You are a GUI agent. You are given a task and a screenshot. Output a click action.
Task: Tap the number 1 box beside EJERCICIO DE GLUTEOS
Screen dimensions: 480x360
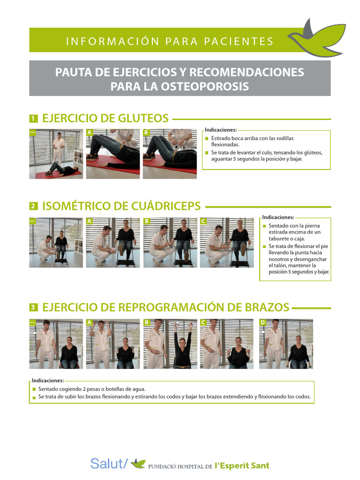[x=33, y=119]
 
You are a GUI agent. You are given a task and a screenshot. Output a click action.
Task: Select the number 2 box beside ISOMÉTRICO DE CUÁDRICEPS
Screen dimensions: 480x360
[x=33, y=206]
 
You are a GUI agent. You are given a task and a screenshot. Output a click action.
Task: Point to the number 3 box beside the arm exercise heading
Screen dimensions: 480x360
[x=33, y=308]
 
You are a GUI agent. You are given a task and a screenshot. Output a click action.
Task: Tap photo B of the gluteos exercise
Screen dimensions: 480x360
[x=170, y=154]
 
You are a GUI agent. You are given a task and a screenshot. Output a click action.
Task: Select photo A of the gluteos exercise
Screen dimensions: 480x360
[x=112, y=154]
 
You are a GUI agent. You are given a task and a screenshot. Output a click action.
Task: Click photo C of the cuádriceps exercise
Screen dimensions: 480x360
[x=227, y=242]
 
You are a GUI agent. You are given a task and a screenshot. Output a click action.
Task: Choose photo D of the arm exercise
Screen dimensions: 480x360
[x=286, y=344]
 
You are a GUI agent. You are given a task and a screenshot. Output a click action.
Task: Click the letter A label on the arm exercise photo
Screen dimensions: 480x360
[x=89, y=322]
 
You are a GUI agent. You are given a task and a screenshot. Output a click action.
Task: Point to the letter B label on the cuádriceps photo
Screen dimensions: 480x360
[x=147, y=221]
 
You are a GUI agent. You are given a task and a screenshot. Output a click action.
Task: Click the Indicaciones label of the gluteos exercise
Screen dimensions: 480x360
[x=220, y=130]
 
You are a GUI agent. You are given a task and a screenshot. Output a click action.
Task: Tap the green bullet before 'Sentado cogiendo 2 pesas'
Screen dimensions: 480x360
[x=34, y=390]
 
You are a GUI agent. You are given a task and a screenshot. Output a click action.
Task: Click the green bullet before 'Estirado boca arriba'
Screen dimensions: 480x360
[x=207, y=139]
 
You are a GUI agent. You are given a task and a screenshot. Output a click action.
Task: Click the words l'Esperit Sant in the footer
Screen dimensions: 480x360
[x=242, y=465]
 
